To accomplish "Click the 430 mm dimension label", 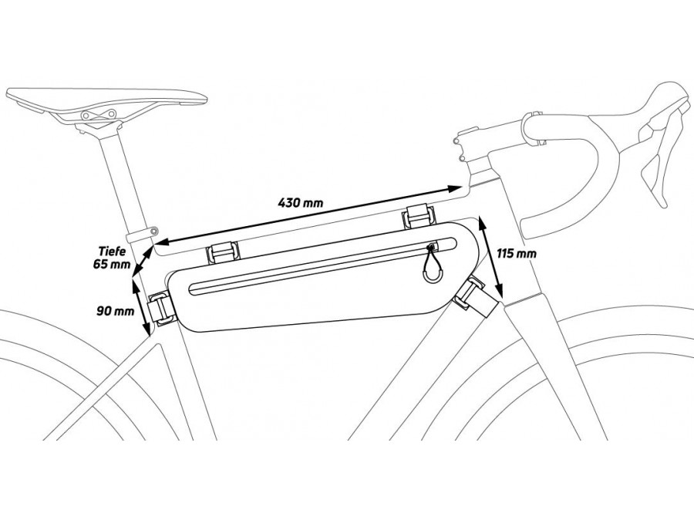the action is [301, 203].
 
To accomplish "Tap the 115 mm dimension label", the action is [517, 253].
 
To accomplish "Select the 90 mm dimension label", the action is [115, 311].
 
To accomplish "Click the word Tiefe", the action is [112, 252].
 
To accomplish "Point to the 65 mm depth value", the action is [112, 265].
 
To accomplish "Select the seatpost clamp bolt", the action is [153, 231].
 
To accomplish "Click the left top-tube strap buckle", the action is [223, 252].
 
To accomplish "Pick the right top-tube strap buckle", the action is [418, 216].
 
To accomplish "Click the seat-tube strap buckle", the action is [160, 309].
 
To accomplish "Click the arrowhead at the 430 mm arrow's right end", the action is [455, 188].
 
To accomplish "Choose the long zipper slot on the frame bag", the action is [322, 265].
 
